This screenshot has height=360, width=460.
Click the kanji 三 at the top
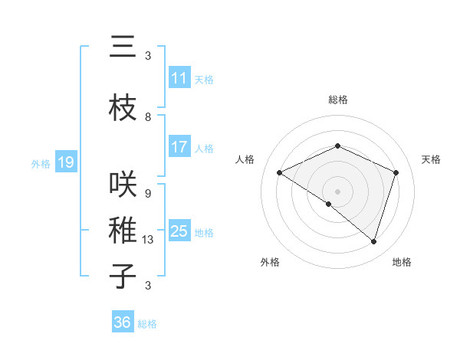click(123, 48)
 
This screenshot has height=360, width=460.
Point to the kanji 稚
click(123, 231)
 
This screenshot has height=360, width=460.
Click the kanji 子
click(123, 276)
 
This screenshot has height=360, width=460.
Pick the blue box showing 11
click(179, 78)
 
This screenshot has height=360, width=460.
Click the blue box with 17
click(179, 147)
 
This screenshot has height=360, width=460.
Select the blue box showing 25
click(179, 231)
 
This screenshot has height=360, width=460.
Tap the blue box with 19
click(65, 162)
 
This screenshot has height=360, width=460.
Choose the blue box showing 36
click(122, 322)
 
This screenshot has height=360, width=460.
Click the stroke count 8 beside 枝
click(148, 117)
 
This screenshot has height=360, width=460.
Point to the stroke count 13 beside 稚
click(148, 240)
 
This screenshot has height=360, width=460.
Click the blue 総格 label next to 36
click(147, 324)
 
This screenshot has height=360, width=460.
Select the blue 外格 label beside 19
click(41, 163)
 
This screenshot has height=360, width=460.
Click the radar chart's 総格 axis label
click(337, 100)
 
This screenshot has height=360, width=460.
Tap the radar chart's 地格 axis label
click(402, 262)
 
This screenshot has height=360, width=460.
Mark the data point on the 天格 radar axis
click(396, 172)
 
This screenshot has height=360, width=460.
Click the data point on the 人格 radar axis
click(280, 173)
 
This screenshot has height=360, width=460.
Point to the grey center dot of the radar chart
click(337, 191)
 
